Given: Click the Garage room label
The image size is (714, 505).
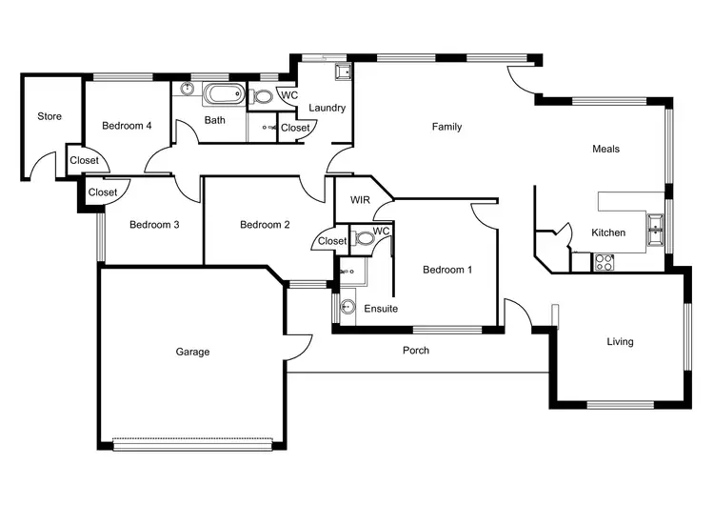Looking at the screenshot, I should pyautogui.click(x=192, y=352).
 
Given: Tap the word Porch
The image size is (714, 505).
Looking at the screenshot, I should pyautogui.click(x=416, y=351).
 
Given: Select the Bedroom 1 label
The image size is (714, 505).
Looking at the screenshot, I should pyautogui.click(x=446, y=270).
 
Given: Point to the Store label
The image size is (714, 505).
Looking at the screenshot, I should pyautogui.click(x=50, y=116).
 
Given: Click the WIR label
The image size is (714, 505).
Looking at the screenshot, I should pyautogui.click(x=360, y=200).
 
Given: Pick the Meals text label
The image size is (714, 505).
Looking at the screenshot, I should pyautogui.click(x=605, y=149).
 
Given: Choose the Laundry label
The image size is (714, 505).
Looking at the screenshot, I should pyautogui.click(x=327, y=108).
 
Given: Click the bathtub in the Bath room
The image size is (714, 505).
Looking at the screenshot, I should pyautogui.click(x=226, y=95).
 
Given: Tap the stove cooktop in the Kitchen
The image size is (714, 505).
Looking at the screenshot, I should pyautogui.click(x=604, y=262).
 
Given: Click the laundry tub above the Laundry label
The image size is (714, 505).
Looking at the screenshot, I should pyautogui.click(x=342, y=72).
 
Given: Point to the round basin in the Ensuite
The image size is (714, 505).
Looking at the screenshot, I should pyautogui.click(x=347, y=307).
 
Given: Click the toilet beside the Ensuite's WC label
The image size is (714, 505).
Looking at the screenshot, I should pyautogui.click(x=363, y=239).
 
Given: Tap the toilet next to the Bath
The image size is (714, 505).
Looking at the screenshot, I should pyautogui.click(x=263, y=96).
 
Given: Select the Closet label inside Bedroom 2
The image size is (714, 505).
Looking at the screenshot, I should pyautogui.click(x=332, y=241).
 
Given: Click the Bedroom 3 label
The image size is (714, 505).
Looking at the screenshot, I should pyautogui.click(x=154, y=225).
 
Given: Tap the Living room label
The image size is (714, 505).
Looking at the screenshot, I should pyautogui.click(x=620, y=341).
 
